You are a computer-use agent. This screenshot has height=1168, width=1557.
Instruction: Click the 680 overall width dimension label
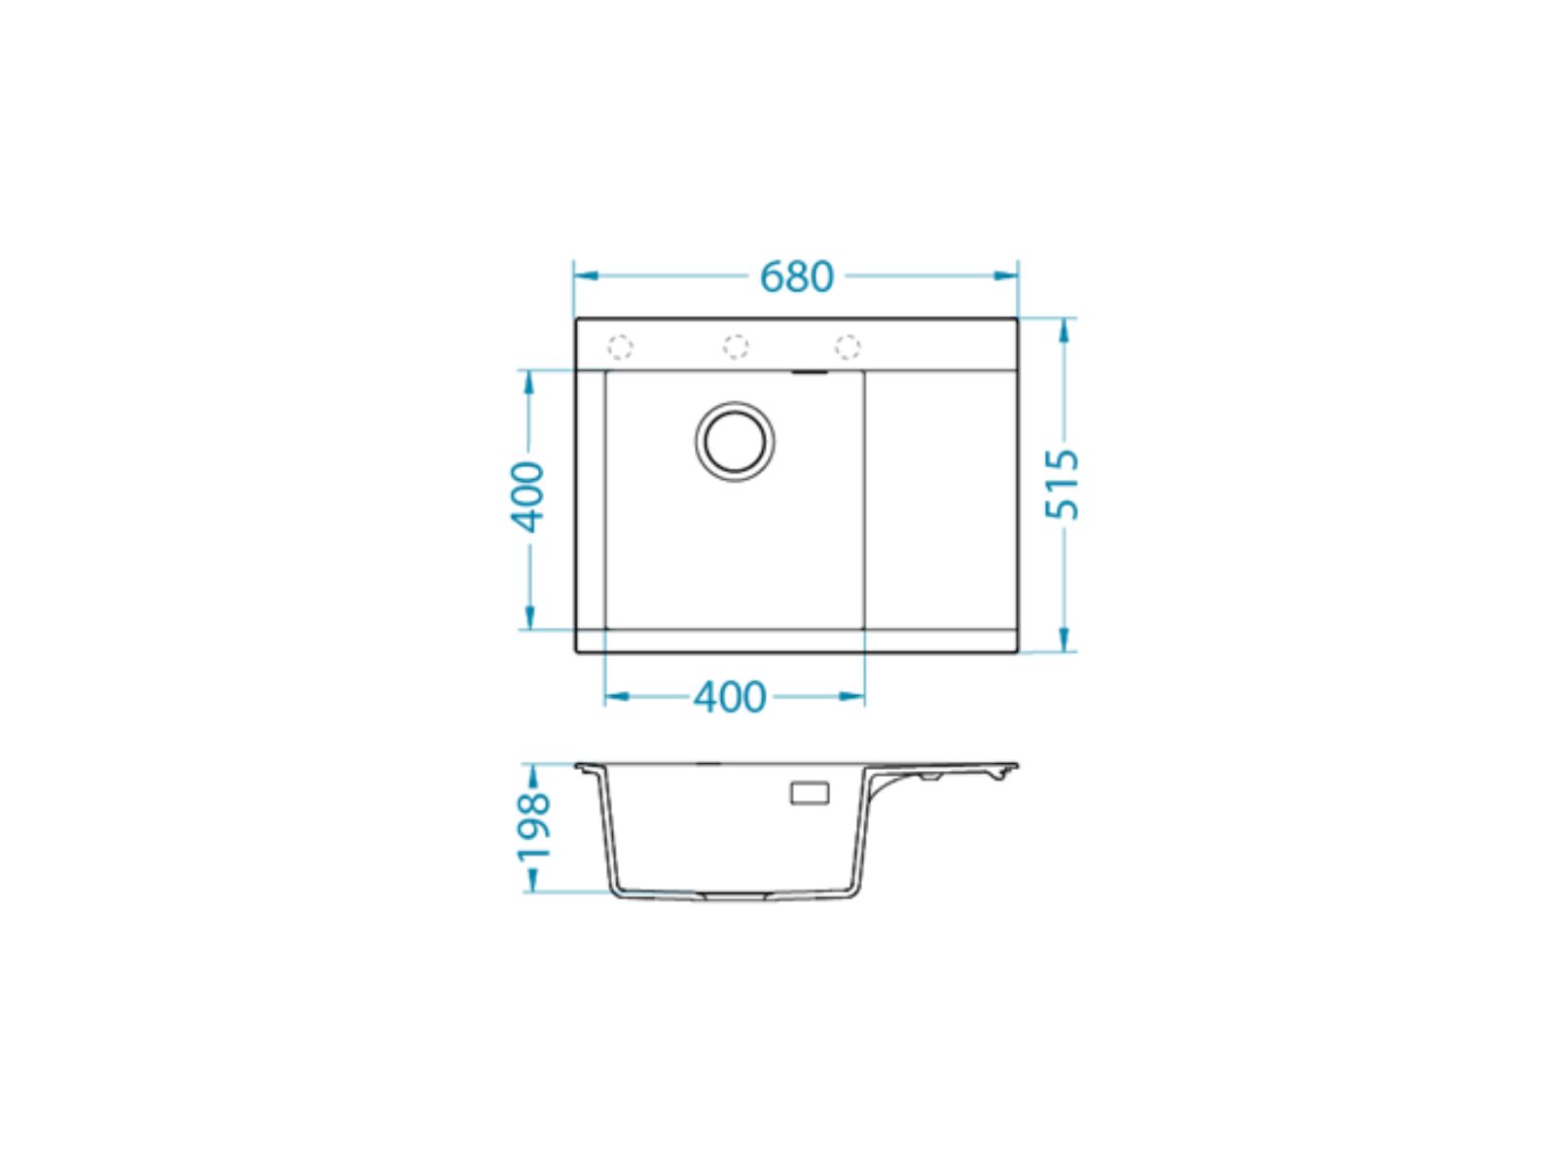point(797,277)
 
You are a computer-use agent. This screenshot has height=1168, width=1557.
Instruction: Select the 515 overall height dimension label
point(1063,485)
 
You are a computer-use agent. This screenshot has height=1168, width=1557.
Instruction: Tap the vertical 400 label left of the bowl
point(527,497)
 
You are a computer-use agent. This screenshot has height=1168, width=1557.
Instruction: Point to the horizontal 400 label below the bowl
point(730,697)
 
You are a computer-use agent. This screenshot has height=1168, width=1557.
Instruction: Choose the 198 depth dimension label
point(533,827)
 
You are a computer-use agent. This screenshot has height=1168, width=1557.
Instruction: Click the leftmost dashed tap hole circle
point(619,347)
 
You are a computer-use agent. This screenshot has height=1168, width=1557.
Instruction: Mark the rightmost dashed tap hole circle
point(848,347)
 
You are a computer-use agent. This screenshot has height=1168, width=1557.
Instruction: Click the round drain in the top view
point(735,442)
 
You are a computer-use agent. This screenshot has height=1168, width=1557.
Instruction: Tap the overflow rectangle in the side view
point(810,793)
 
